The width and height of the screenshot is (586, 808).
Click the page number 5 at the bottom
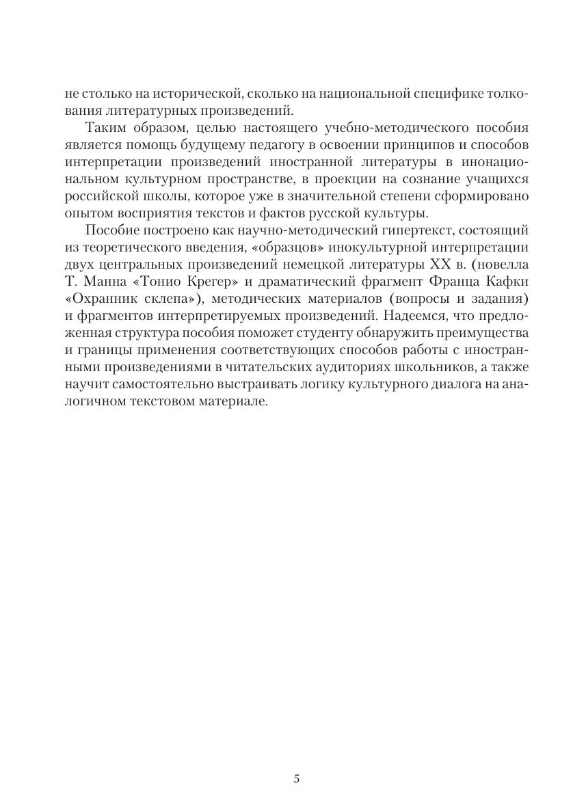tap(296, 779)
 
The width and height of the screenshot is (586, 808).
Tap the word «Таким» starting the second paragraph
tap(105, 127)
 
